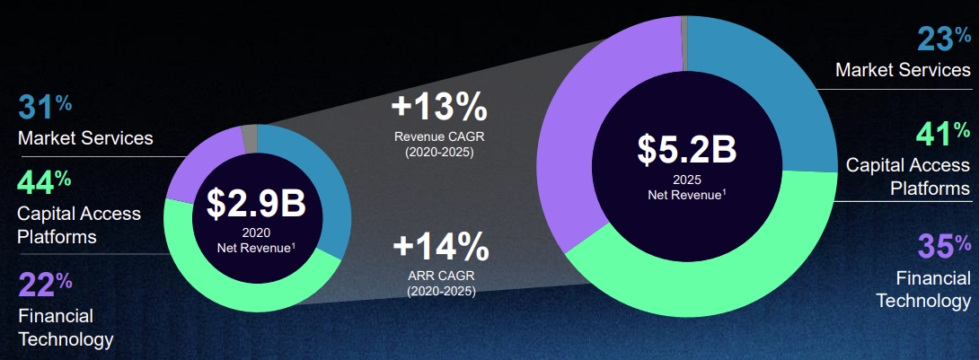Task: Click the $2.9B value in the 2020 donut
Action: click(257, 204)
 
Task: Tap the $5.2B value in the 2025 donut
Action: click(687, 148)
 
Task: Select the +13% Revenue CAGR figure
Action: click(439, 108)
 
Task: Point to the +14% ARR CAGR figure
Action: click(441, 247)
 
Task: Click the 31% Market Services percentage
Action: click(45, 107)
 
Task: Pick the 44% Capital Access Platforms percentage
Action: click(44, 181)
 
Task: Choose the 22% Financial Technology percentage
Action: click(45, 284)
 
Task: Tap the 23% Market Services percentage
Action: click(944, 39)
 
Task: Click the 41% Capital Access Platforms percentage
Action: click(943, 134)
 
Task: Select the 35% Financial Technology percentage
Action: click(944, 245)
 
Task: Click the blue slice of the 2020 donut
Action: click(324, 187)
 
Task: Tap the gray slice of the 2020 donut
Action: click(249, 130)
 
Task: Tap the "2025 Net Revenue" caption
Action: click(687, 188)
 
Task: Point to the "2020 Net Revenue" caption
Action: click(256, 241)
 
